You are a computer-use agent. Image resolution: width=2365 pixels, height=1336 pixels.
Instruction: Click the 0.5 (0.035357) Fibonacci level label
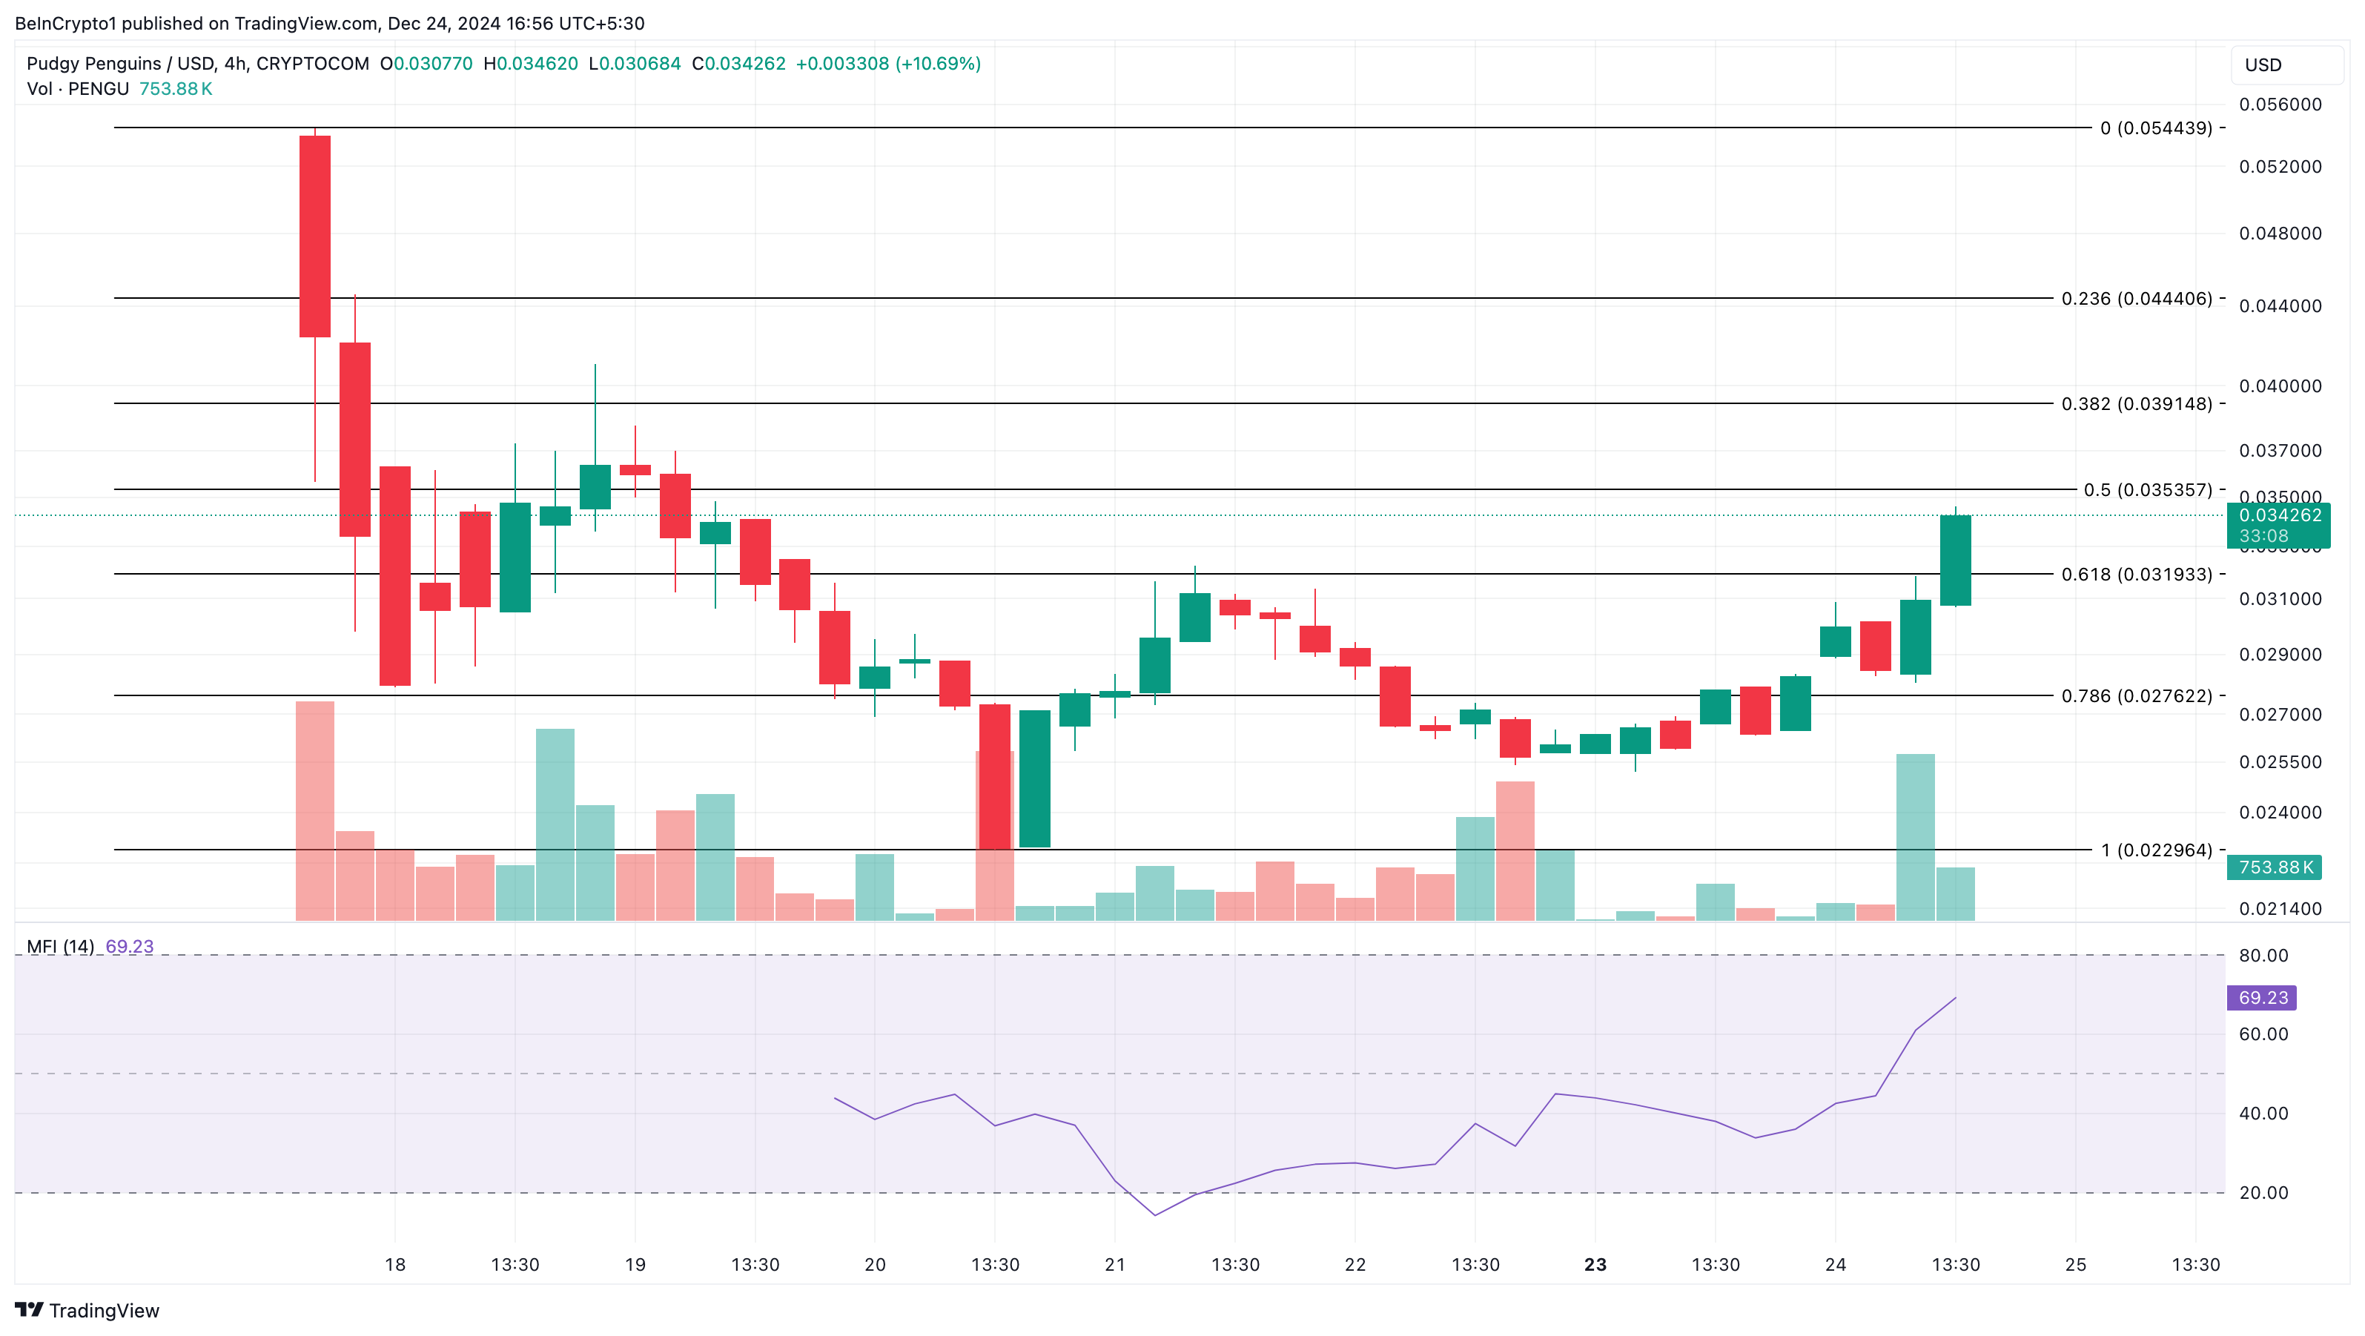coord(2148,489)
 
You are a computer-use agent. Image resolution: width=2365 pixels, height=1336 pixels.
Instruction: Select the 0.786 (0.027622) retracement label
coord(2137,695)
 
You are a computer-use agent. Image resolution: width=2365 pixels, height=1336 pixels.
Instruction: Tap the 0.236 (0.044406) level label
coord(2137,299)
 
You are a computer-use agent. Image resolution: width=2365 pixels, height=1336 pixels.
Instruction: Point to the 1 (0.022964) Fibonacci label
coord(2157,850)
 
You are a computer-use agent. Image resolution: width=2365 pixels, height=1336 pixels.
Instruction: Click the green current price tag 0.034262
coord(2279,515)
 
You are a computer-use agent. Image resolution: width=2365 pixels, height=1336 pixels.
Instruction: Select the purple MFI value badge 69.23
coord(2261,997)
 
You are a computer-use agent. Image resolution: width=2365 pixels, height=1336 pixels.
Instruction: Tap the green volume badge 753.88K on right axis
coord(2274,867)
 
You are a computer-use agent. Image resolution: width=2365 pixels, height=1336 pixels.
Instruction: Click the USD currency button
coord(2263,65)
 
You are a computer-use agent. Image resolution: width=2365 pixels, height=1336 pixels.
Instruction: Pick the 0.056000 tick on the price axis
coord(2280,104)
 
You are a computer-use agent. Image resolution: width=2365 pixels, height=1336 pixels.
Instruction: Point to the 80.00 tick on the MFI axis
coord(2263,955)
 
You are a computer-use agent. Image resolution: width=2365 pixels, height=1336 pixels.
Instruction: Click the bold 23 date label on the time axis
coord(1595,1264)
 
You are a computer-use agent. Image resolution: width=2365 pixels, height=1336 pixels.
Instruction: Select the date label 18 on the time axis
coord(394,1264)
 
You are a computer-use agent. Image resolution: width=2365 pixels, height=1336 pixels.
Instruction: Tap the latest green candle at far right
coord(1956,560)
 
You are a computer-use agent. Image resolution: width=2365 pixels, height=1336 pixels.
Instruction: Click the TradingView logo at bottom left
coord(87,1310)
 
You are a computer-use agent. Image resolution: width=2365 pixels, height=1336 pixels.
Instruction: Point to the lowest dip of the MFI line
coord(1155,1215)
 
